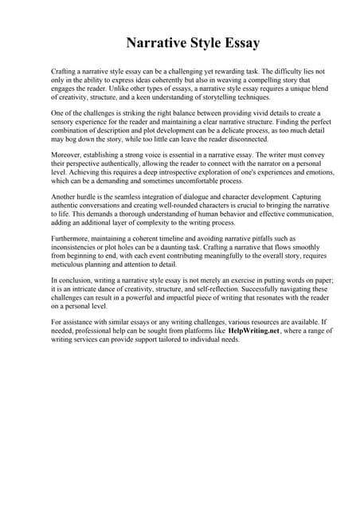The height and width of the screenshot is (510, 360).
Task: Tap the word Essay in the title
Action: pyautogui.click(x=237, y=42)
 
